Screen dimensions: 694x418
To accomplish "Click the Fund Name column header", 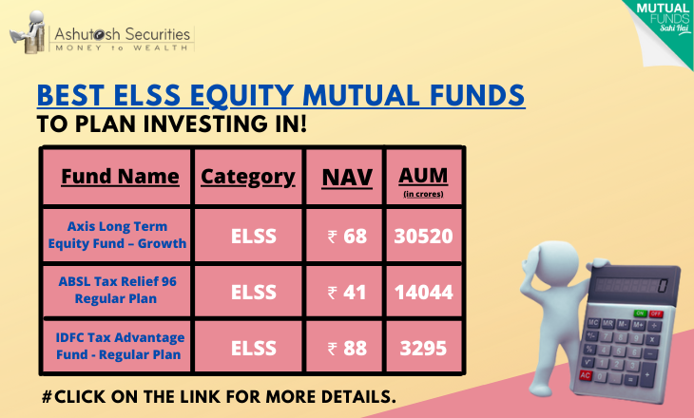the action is pos(120,177).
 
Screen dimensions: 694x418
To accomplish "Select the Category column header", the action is pos(248,178).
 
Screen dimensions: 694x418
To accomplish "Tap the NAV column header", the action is pos(347,178).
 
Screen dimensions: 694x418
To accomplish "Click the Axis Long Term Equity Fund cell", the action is pos(117,235).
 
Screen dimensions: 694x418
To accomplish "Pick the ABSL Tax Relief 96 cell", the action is pos(117,290).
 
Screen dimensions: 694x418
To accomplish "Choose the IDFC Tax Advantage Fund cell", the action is pos(120,346).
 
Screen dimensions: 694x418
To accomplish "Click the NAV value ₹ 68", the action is pos(347,237).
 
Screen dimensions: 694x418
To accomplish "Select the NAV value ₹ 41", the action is pos(347,293).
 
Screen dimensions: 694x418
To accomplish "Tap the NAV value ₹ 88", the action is pos(347,348).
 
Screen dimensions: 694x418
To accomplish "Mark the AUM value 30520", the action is pos(424,237).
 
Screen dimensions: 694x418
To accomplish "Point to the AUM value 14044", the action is pos(424,293).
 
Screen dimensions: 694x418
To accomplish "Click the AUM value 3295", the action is pos(424,348).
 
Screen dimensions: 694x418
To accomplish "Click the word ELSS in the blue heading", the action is pos(147,95).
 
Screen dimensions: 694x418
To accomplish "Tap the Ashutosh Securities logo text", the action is pos(122,34).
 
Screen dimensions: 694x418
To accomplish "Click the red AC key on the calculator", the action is pos(586,375).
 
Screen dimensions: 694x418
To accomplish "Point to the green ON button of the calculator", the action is pos(640,313).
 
